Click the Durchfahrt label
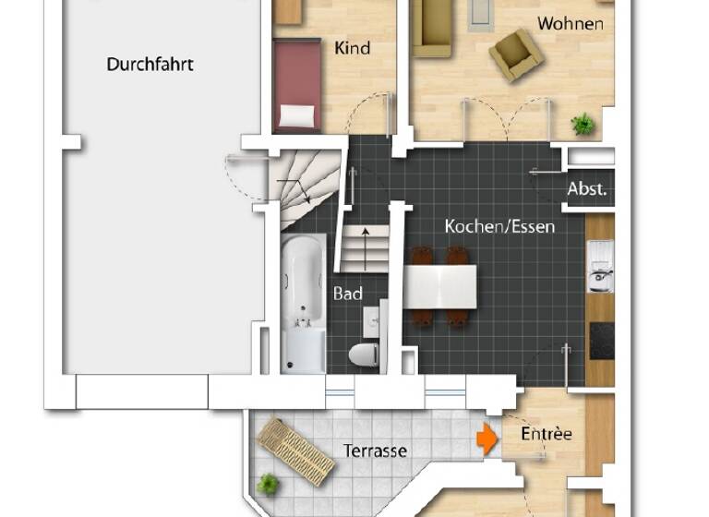tap(150, 65)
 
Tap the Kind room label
tap(352, 47)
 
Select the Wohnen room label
tap(570, 23)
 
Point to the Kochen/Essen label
tap(499, 225)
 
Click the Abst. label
tap(587, 189)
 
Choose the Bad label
tap(347, 294)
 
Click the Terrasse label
tap(376, 451)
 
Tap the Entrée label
tap(547, 433)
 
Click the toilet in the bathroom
tap(362, 354)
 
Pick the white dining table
tap(440, 287)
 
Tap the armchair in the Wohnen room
tap(515, 54)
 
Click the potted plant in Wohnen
tap(583, 123)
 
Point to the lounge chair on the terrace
tap(295, 451)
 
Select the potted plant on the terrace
tap(268, 483)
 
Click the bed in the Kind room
tap(296, 86)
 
